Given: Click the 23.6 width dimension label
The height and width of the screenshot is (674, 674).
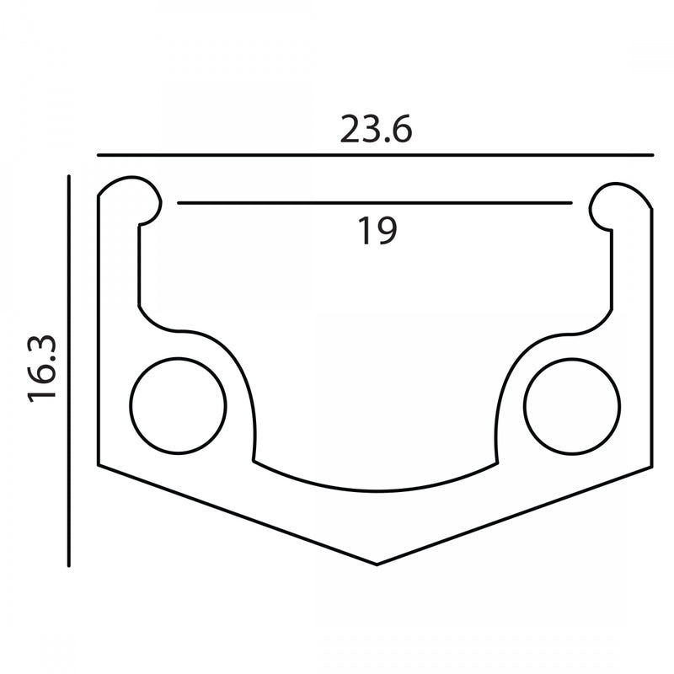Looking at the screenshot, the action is [x=376, y=129].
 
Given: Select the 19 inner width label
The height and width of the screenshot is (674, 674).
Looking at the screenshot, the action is [x=377, y=231].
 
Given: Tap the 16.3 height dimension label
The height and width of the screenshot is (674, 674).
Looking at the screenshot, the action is [x=42, y=369].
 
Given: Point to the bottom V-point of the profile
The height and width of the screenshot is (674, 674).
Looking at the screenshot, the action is [x=377, y=564].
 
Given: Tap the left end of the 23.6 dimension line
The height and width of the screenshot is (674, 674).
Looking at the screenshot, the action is [x=98, y=155].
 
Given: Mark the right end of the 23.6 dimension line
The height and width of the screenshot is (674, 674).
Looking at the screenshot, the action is [x=652, y=155].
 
